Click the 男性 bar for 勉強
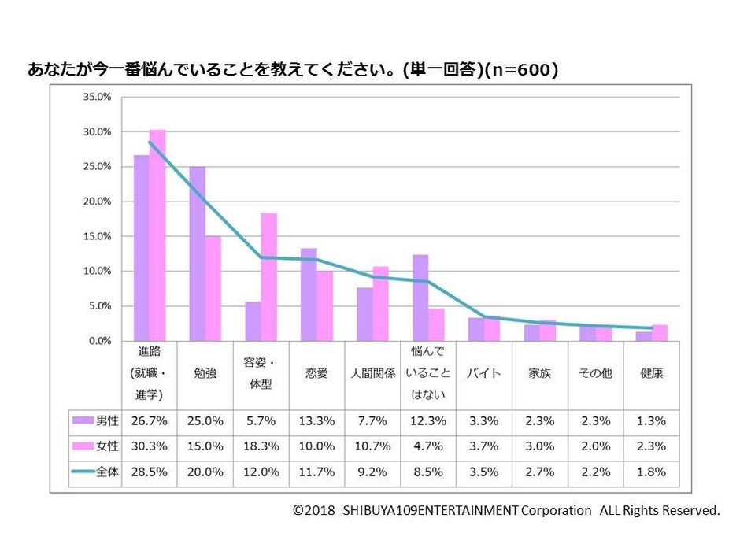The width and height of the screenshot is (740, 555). [x=197, y=253]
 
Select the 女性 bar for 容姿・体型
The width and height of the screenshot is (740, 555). [x=268, y=277]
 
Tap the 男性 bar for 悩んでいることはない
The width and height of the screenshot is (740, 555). [x=420, y=298]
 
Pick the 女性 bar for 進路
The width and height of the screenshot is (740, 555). [x=157, y=235]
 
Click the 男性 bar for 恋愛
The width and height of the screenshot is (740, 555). [x=309, y=294]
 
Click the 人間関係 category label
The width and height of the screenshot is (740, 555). [x=372, y=374]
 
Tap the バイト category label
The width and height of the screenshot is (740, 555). [x=483, y=374]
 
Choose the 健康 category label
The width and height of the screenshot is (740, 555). [x=652, y=374]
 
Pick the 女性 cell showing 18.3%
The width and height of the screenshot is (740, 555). [x=261, y=446]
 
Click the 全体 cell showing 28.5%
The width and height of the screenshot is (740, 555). [x=150, y=472]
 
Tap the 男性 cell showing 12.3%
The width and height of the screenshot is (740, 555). [x=428, y=421]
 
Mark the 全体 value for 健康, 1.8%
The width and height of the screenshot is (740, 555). [x=652, y=472]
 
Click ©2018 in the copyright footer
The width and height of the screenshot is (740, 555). [x=313, y=510]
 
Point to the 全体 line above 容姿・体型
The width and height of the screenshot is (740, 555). [x=261, y=257]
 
